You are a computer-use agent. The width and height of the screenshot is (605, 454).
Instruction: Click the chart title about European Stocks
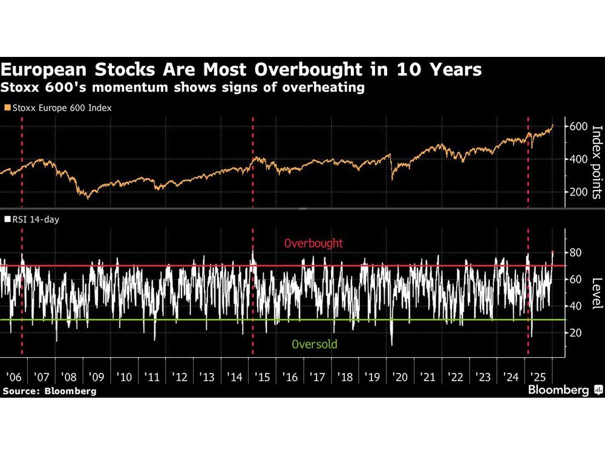241,70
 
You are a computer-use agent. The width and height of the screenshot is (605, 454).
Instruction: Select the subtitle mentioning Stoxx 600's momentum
182,87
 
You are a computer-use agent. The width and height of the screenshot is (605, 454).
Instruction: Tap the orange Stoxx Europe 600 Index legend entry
58,108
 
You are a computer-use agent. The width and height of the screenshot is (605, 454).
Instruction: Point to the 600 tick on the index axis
576,127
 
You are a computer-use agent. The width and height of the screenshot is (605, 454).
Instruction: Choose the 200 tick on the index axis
576,192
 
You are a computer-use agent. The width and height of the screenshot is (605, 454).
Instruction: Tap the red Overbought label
313,243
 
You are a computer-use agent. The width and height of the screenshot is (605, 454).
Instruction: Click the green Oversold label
314,345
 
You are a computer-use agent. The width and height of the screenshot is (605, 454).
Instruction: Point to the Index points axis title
596,162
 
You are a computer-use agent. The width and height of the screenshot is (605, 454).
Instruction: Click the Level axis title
596,294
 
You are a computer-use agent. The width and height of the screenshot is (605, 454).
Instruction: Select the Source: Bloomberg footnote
49,391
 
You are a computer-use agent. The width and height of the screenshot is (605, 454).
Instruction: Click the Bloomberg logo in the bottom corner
565,390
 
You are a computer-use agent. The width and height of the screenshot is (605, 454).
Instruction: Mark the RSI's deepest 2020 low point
391,344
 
